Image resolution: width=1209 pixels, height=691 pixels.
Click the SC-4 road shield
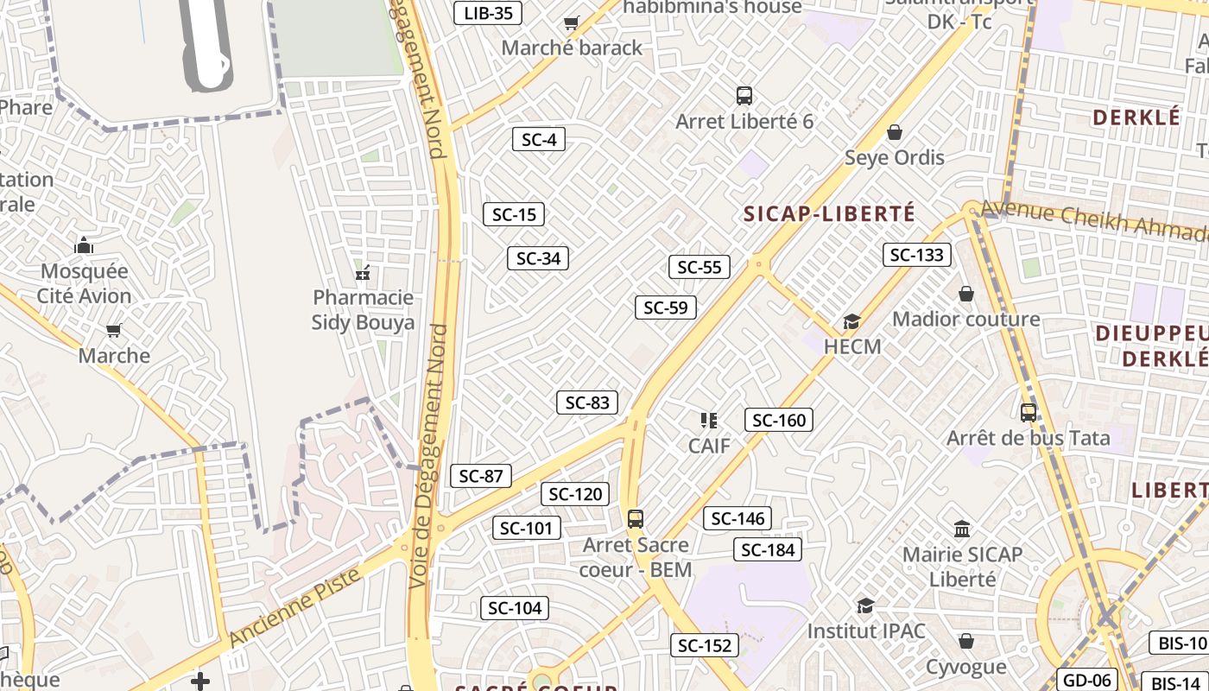[539, 139]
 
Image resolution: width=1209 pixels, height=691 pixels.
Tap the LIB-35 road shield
[488, 12]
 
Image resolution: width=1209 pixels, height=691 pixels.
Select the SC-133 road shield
[917, 255]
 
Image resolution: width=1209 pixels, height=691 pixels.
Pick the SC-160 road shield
[779, 420]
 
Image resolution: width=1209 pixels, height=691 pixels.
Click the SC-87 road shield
[481, 476]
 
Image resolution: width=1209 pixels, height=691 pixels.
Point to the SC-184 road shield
[768, 549]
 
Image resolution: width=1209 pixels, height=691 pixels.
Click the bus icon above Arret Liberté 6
[744, 96]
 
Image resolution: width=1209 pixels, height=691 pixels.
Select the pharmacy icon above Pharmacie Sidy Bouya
[364, 273]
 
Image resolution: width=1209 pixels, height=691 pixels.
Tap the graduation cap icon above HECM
[851, 322]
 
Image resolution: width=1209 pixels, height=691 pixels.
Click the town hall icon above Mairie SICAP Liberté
[962, 529]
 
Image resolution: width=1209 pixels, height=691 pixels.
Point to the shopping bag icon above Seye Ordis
[895, 132]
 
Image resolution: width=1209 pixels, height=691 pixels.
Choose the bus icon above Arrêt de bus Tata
[1028, 413]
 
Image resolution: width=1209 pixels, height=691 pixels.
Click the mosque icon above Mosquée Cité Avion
[84, 246]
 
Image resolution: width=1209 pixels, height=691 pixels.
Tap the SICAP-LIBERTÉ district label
[829, 214]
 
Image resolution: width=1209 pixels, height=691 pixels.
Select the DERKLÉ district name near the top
[1136, 117]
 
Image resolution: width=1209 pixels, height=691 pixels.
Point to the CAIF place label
[709, 446]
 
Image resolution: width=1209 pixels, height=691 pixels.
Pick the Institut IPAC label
[866, 631]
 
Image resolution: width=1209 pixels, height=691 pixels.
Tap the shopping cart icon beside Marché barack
[571, 23]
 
